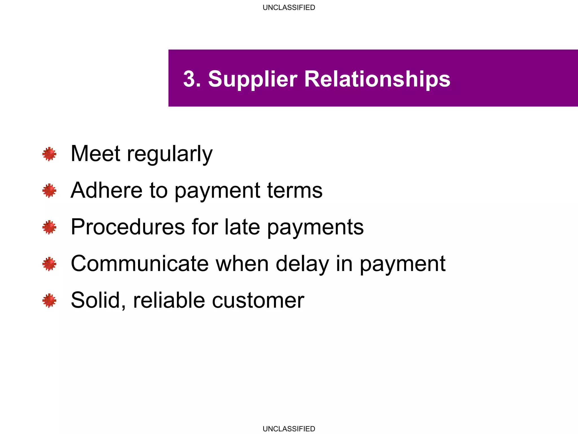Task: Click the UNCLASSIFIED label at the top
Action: click(289, 8)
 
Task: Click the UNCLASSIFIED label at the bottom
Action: click(289, 429)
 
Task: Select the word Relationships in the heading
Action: click(377, 79)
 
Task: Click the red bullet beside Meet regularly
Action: click(49, 154)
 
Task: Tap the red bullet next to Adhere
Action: click(49, 191)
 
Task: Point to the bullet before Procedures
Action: click(49, 227)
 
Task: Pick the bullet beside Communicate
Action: click(49, 264)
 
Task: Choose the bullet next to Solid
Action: click(49, 300)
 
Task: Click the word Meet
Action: click(95, 153)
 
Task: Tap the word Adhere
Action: click(107, 190)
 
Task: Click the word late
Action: click(242, 227)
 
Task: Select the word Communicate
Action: click(140, 264)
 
